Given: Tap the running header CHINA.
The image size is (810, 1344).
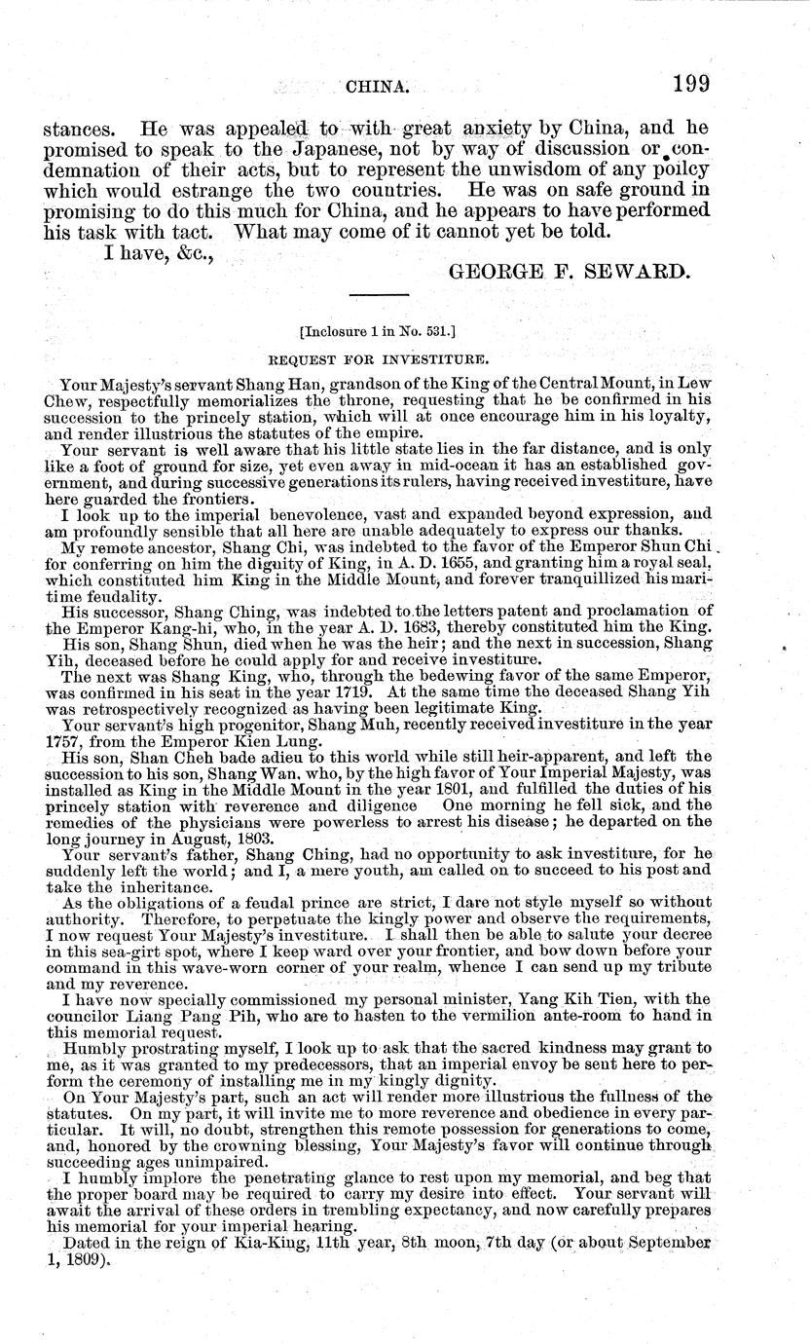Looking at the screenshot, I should tap(377, 88).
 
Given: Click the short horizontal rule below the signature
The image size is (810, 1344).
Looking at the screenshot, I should tap(378, 294).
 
